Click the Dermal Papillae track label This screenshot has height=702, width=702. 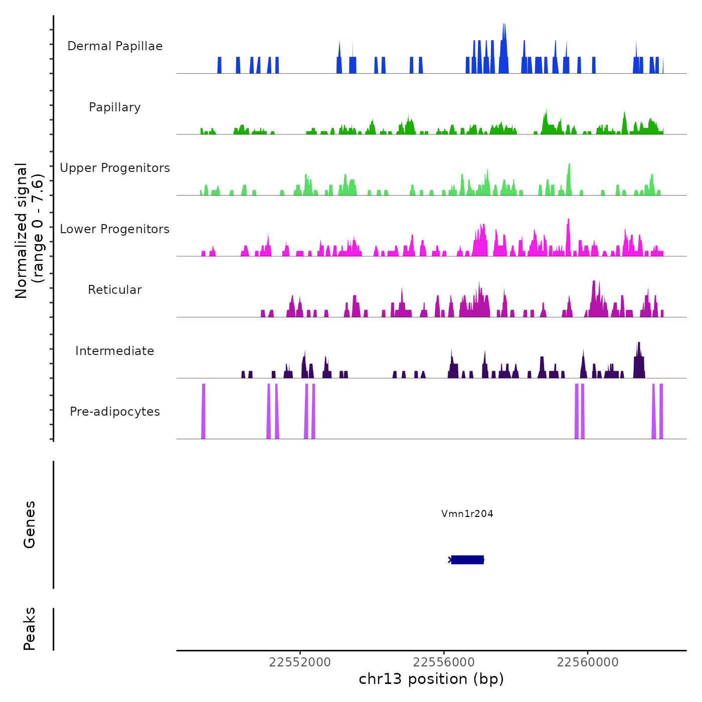coord(115,46)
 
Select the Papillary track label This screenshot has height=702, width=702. coord(115,107)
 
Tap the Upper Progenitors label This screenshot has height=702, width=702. coord(115,168)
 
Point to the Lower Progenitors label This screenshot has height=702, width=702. coord(115,229)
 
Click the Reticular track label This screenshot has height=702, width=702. coord(115,290)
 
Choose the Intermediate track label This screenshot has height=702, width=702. coord(115,351)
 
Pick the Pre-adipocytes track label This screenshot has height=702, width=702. coord(115,412)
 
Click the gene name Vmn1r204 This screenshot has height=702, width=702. coord(467,513)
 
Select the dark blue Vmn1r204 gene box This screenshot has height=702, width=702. coord(467,560)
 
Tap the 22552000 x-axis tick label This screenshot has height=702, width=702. coord(300,662)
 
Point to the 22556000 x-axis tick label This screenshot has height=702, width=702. coord(444,662)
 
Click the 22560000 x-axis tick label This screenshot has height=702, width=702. coord(588,662)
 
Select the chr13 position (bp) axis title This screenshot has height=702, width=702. coord(431,679)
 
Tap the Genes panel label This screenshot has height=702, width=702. coord(30,524)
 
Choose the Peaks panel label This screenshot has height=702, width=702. coord(30,629)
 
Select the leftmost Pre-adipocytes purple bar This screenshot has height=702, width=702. coord(203,411)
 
